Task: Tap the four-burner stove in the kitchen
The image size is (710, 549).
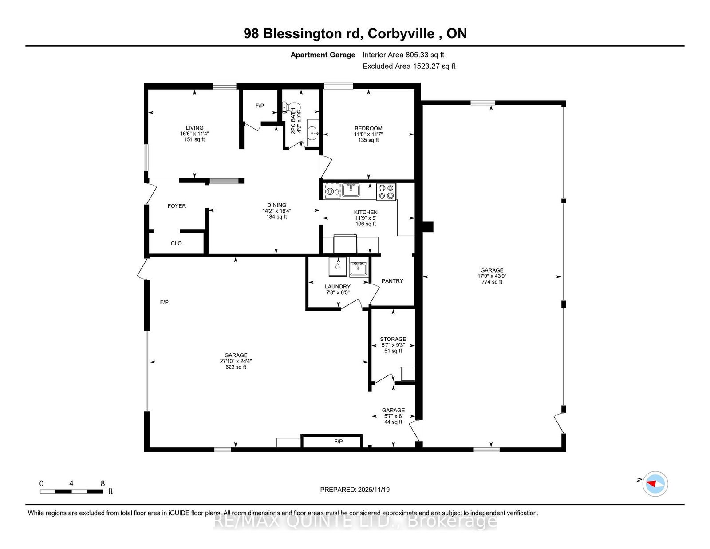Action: coord(386,192)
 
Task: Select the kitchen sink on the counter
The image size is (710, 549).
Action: coord(351,190)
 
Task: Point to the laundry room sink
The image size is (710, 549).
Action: coord(359,269)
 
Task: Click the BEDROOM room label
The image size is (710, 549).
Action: coord(368,128)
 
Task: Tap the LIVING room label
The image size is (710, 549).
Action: coord(194,128)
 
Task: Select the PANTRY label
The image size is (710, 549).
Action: coord(392,281)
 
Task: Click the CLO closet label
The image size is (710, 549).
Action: coord(176,244)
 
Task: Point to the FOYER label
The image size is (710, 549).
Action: coord(177,206)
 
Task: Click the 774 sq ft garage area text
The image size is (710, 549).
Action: coord(492,282)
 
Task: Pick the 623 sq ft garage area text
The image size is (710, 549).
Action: coord(236,367)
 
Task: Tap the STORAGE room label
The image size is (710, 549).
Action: coord(393,339)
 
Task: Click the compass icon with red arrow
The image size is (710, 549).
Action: coord(655,484)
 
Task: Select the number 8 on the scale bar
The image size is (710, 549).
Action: coord(103,484)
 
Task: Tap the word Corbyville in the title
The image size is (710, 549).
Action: coord(401,33)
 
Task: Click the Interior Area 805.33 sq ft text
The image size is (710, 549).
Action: coord(403,55)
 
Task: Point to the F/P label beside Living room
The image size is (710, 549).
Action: coord(260,106)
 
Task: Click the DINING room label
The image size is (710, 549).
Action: coord(276,205)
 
